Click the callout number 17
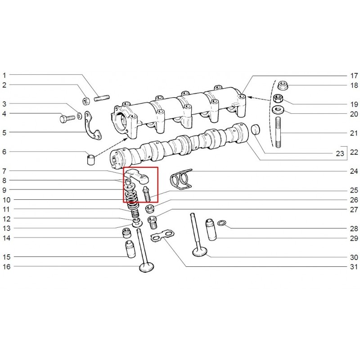(x=354, y=75)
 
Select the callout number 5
(x=4, y=132)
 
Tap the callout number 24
(x=354, y=171)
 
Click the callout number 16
(x=5, y=266)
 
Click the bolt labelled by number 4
(x=66, y=119)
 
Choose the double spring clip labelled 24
(x=181, y=179)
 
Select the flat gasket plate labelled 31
(x=162, y=235)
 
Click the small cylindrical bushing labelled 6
(x=91, y=160)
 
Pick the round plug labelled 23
(x=256, y=129)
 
